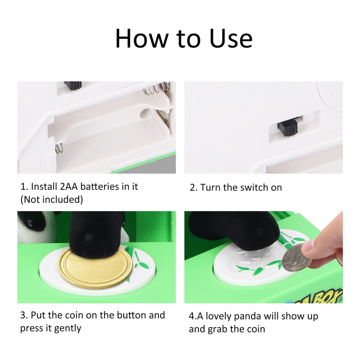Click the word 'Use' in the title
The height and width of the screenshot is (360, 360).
click(x=231, y=38)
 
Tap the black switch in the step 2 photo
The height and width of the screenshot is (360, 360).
click(x=288, y=128)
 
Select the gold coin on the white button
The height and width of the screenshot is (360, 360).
click(x=95, y=268)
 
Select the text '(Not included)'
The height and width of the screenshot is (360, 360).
click(x=52, y=199)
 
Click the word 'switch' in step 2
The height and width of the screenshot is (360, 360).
click(x=254, y=188)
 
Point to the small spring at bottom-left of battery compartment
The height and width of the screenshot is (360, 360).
click(x=59, y=148)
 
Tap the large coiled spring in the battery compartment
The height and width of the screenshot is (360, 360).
click(x=156, y=89)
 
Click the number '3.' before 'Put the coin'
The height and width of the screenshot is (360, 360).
click(x=24, y=315)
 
